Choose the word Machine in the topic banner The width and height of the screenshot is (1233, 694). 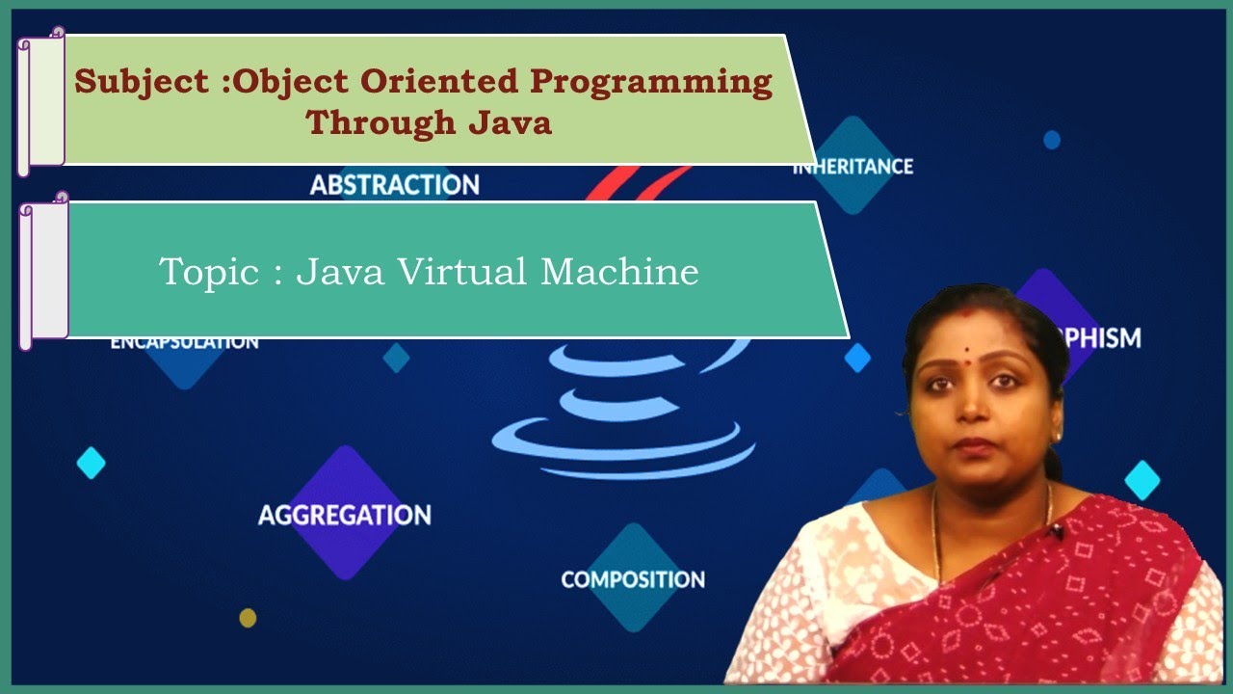pyautogui.click(x=619, y=272)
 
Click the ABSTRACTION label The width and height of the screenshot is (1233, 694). pyautogui.click(x=394, y=184)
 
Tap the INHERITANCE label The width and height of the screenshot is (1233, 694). pyautogui.click(x=853, y=167)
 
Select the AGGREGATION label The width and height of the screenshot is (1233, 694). pyautogui.click(x=344, y=515)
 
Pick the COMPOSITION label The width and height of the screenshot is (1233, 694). pyautogui.click(x=633, y=579)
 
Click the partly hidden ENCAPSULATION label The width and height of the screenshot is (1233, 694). pyautogui.click(x=184, y=342)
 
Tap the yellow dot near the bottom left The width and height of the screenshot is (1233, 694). pyautogui.click(x=248, y=618)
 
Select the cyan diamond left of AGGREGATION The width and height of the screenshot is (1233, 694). pyautogui.click(x=91, y=463)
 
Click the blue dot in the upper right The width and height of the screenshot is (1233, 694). pyautogui.click(x=1052, y=140)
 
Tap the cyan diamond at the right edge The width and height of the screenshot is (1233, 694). pyautogui.click(x=1142, y=479)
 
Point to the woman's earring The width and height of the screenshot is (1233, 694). pyautogui.click(x=1057, y=436)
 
